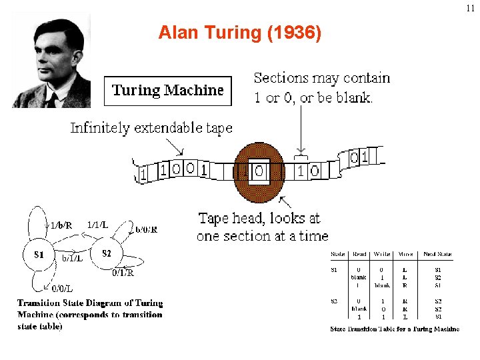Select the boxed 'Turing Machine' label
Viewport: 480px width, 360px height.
(168, 91)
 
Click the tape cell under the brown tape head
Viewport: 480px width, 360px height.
(259, 172)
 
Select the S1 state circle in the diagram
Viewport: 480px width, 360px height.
(39, 254)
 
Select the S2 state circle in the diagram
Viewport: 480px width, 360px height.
(107, 253)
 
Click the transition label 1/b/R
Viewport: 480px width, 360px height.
(61, 225)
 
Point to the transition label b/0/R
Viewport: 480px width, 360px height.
(146, 230)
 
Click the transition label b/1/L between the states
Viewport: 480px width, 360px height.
(72, 258)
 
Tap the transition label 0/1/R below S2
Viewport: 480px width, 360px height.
(123, 273)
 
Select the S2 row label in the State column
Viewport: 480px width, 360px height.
(335, 301)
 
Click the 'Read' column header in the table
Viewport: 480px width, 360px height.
(360, 254)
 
